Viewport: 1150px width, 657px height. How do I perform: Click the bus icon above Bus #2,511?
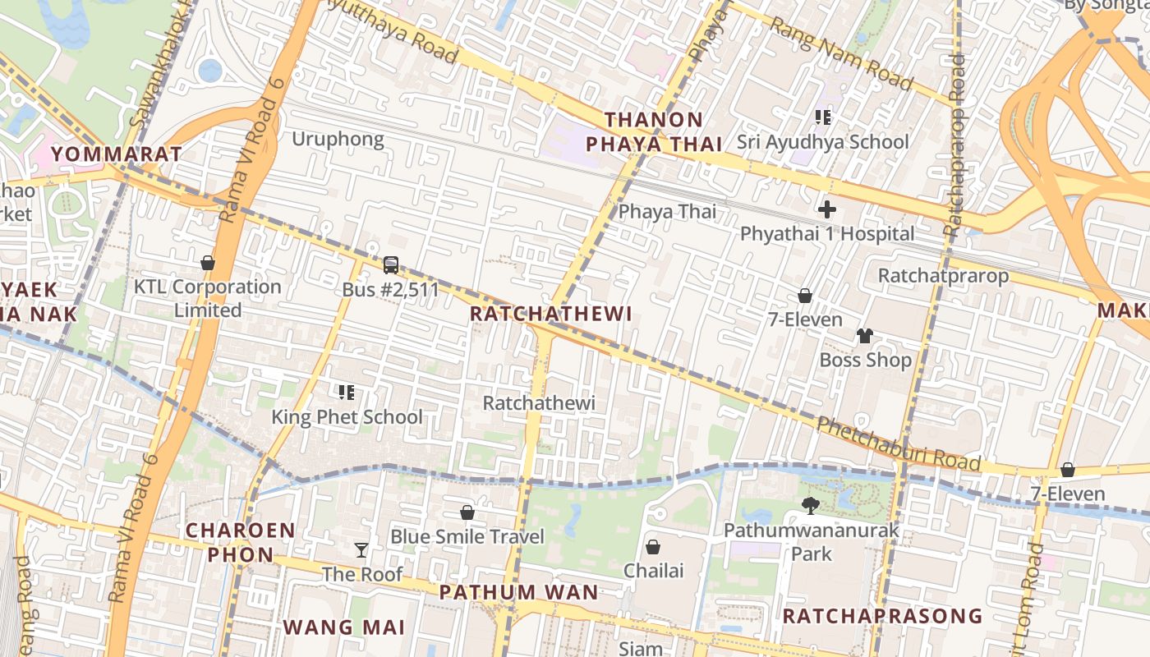pos(391,265)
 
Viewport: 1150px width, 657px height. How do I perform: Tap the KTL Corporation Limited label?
pos(208,298)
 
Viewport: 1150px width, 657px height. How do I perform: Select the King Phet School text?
pos(347,416)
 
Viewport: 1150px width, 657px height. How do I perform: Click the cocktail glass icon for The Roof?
pos(361,549)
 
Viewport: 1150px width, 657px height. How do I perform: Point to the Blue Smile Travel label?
pos(467,536)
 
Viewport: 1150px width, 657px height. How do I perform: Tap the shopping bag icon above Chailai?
pos(653,546)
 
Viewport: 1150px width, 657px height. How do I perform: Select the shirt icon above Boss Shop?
pos(865,335)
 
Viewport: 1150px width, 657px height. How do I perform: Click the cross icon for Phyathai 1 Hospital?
pos(826,209)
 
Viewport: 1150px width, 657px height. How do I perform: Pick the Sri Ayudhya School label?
pos(822,141)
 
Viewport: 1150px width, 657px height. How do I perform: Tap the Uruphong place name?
pos(338,139)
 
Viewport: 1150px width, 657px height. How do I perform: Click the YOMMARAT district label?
pos(116,154)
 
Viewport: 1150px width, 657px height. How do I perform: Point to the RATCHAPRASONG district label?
pos(881,616)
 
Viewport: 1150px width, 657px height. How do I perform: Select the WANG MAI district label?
pos(344,627)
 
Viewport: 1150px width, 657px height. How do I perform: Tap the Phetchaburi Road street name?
pos(899,444)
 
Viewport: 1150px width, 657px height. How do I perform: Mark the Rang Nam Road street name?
pos(840,54)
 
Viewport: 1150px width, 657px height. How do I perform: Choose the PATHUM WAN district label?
pos(518,592)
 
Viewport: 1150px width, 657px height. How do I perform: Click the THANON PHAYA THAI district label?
pos(654,132)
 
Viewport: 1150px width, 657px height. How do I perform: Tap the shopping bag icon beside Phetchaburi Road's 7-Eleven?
pos(1067,470)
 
